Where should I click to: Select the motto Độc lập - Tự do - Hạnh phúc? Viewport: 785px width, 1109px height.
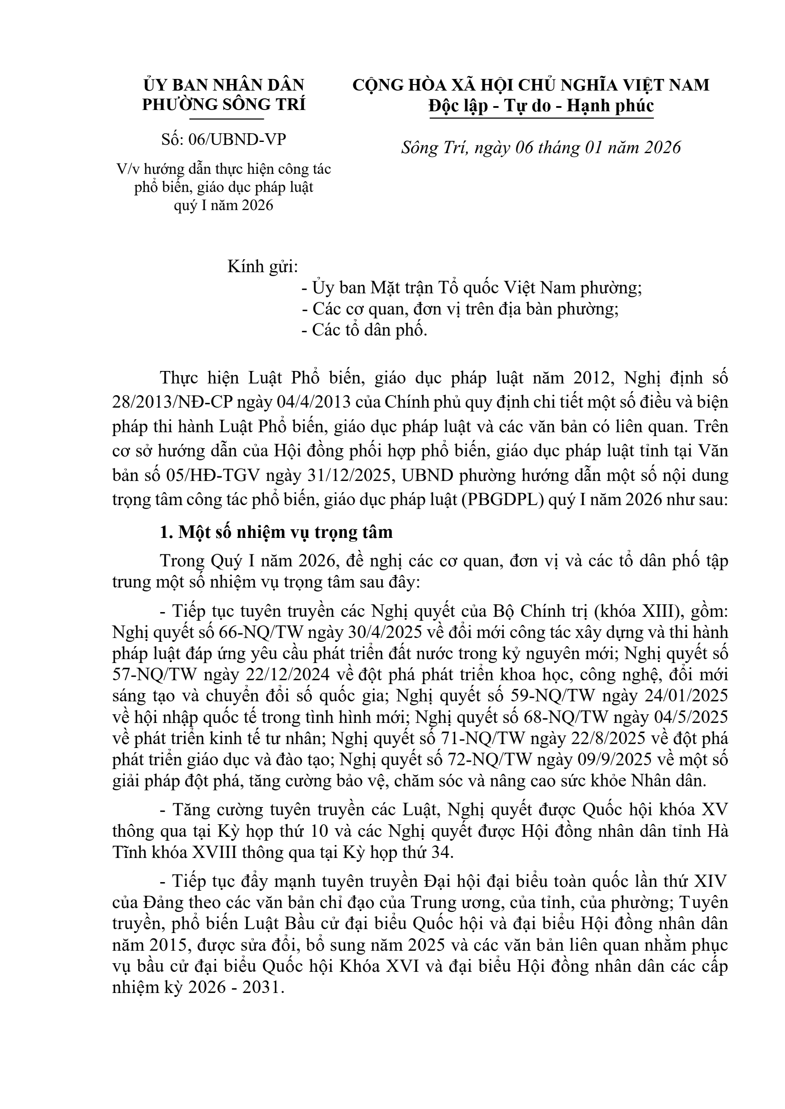541,106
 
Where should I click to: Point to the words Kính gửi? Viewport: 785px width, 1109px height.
263,266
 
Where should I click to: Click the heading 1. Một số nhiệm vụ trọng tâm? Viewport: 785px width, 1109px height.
276,532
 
